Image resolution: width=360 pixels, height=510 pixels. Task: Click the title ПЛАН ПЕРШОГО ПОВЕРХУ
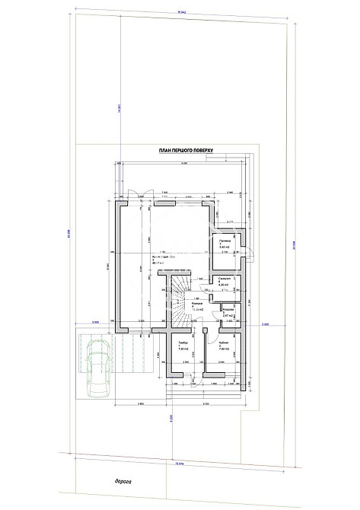[x=186, y=151]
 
